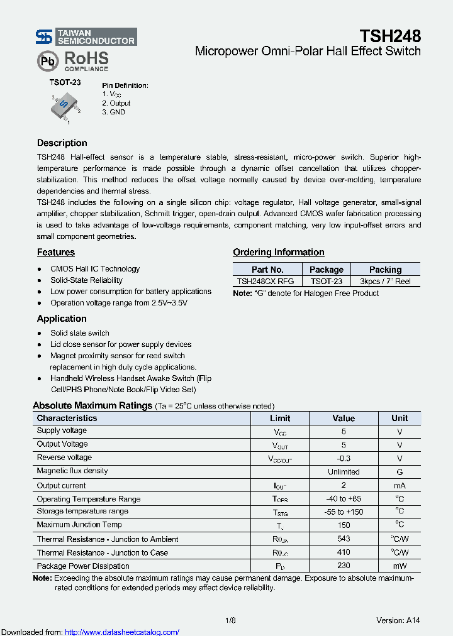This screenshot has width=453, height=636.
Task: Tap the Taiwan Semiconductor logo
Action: [86, 37]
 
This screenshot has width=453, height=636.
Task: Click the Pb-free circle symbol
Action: [47, 62]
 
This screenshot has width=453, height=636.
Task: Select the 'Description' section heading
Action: [62, 143]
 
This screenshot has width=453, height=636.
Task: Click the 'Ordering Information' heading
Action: [279, 252]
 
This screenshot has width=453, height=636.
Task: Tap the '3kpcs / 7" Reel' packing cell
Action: [385, 282]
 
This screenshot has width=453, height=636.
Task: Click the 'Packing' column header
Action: [385, 269]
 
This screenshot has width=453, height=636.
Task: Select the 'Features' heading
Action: [55, 252]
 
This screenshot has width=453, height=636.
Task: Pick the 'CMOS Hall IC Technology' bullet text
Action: [95, 269]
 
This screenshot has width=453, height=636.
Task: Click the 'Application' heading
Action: [62, 319]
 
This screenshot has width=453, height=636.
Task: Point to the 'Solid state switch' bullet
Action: [80, 333]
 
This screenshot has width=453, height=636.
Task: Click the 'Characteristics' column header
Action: [67, 418]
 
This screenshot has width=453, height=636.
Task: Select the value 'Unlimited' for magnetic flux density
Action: [344, 471]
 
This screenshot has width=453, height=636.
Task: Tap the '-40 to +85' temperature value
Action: [344, 499]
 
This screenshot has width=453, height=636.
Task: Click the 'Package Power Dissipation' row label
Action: [83, 566]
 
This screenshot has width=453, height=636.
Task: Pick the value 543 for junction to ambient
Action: [344, 539]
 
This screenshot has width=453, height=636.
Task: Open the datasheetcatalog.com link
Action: [122, 632]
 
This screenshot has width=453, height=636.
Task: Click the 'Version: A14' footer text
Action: [398, 620]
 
